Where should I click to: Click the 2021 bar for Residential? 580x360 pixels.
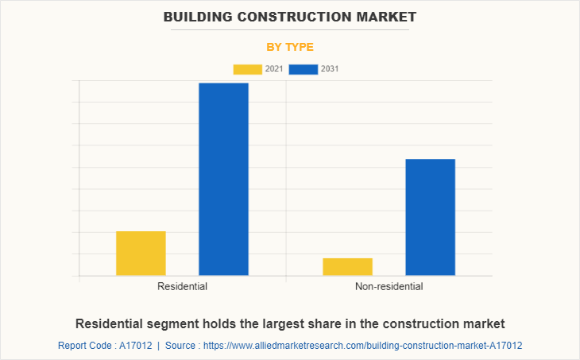(141, 254)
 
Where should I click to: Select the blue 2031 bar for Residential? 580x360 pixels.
(223, 180)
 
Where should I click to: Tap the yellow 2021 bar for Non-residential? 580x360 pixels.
(347, 267)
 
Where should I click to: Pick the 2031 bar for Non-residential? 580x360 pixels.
(430, 217)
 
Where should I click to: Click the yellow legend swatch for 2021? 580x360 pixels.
(247, 69)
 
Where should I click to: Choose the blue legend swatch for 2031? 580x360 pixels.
(303, 69)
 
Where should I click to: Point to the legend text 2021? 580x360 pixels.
(274, 69)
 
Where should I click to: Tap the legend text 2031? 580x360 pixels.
(330, 69)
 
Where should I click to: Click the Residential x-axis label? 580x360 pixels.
(182, 286)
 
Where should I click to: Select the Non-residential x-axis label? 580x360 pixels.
(389, 286)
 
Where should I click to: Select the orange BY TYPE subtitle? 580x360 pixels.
(289, 47)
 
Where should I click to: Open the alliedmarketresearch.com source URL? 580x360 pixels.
(362, 346)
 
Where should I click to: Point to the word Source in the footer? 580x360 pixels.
(180, 346)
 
